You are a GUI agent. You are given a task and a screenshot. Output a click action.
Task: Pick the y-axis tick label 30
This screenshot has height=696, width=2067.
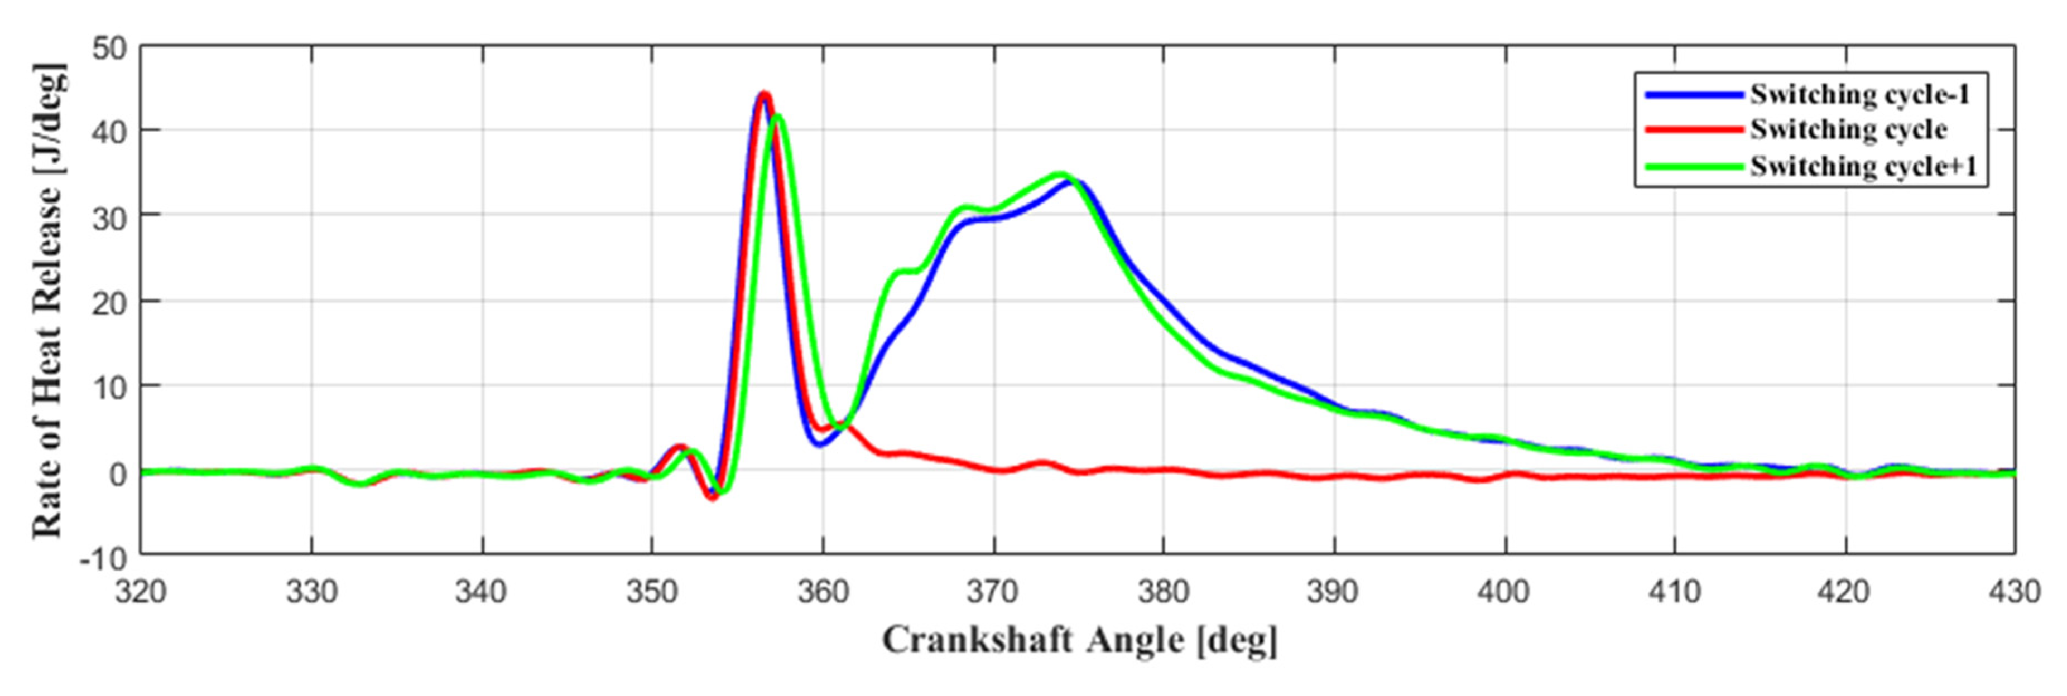(x=110, y=217)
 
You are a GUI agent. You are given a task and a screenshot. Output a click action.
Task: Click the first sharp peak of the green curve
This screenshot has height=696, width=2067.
(x=777, y=117)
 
